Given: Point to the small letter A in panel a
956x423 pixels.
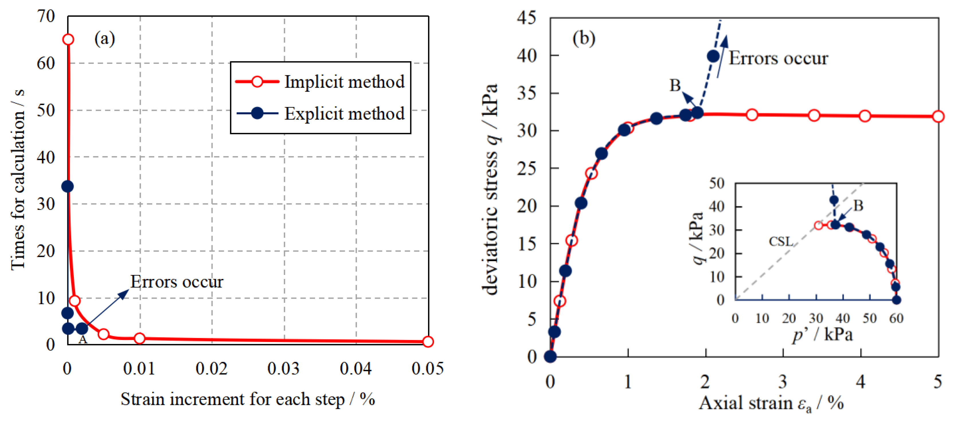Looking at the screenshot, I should pyautogui.click(x=83, y=340).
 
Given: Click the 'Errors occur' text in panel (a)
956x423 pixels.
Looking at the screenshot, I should pyautogui.click(x=177, y=282).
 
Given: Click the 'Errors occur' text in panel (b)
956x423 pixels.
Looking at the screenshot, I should pyautogui.click(x=778, y=58).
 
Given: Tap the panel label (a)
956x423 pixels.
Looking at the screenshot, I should pyautogui.click(x=105, y=39).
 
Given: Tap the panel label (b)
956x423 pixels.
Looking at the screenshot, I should pyautogui.click(x=584, y=38).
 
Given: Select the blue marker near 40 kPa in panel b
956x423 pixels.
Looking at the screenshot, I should pyautogui.click(x=713, y=57).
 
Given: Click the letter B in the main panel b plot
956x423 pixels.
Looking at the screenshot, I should pyautogui.click(x=675, y=86).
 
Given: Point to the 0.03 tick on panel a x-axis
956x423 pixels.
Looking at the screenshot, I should pyautogui.click(x=284, y=369).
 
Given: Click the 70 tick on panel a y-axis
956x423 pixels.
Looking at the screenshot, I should pyautogui.click(x=46, y=16).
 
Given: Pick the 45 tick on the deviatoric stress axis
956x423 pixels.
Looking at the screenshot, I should pyautogui.click(x=527, y=17).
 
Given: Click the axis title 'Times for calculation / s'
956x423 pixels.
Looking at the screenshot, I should pyautogui.click(x=18, y=180).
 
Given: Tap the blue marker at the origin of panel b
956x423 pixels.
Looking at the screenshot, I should pyautogui.click(x=550, y=357).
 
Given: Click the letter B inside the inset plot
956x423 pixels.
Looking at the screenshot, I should pyautogui.click(x=858, y=206).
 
